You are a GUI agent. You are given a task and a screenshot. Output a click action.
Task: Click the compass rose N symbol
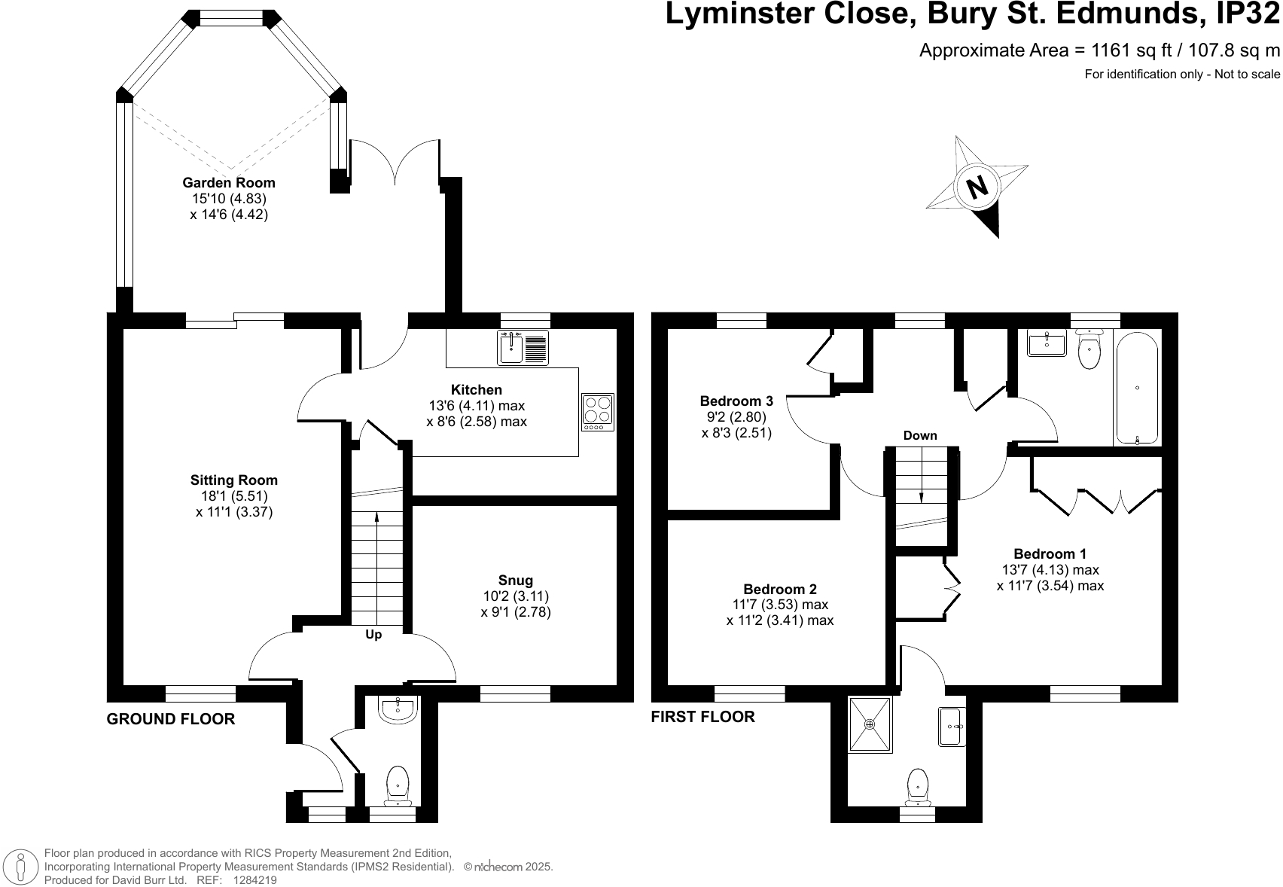tap(977, 186)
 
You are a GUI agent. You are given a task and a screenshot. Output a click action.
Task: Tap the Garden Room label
tap(229, 182)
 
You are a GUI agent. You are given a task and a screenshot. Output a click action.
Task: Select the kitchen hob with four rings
tap(598, 412)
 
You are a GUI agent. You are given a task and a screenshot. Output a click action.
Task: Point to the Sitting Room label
tap(233, 480)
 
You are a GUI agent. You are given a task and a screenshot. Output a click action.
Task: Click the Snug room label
tap(516, 580)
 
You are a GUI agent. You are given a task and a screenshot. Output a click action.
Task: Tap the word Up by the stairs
tap(373, 635)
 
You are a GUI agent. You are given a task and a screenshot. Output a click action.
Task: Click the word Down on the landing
tap(920, 435)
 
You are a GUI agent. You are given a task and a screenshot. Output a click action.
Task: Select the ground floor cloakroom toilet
tap(397, 784)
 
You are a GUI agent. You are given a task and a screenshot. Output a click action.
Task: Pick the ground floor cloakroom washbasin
tap(397, 709)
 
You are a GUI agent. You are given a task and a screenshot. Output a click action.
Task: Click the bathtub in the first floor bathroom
tap(1137, 389)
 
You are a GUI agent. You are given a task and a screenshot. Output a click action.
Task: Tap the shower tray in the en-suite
tap(870, 724)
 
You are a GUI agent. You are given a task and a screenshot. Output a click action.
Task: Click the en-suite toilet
tap(918, 785)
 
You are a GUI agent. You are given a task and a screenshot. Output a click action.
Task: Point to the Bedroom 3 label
tap(736, 401)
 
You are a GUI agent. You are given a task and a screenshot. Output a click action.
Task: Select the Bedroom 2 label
tap(779, 589)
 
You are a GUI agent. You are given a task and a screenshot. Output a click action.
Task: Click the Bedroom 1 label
tap(1050, 553)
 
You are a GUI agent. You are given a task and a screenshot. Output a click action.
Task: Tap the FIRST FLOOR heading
tap(702, 717)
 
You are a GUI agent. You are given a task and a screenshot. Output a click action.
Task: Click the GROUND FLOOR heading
tap(171, 719)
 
